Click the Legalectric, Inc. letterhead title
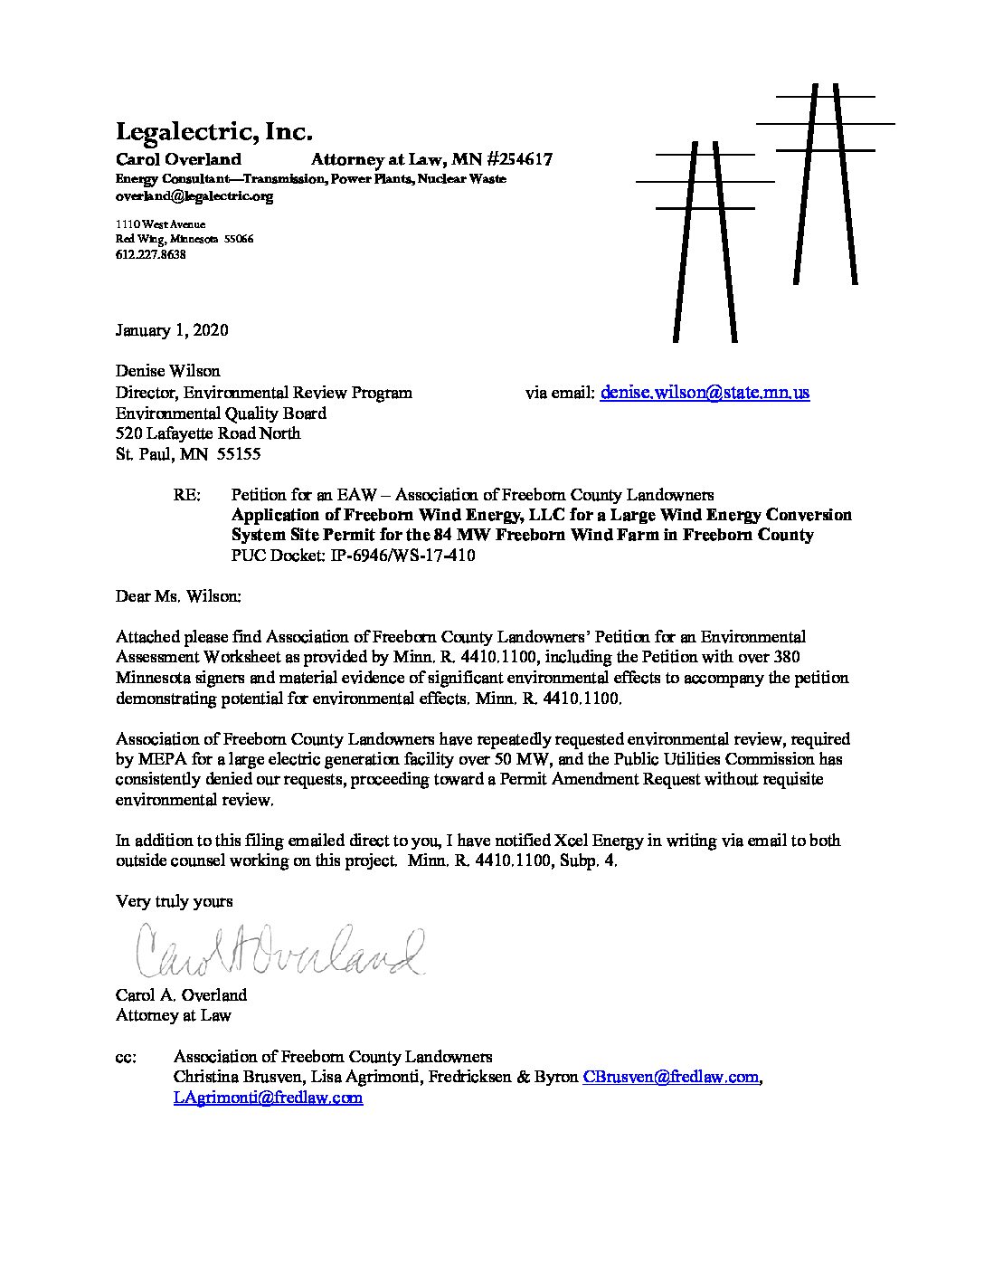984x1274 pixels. (213, 132)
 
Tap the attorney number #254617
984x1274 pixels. (507, 160)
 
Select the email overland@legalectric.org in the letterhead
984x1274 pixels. (194, 195)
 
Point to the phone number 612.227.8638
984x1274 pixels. (151, 255)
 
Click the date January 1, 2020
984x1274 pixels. (172, 330)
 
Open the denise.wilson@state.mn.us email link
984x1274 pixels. (705, 393)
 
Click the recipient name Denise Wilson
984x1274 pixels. (167, 371)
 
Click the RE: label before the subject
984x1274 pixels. (186, 495)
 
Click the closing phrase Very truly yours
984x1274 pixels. (175, 901)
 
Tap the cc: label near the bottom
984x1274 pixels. (126, 1056)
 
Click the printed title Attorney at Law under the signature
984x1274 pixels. (173, 1015)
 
